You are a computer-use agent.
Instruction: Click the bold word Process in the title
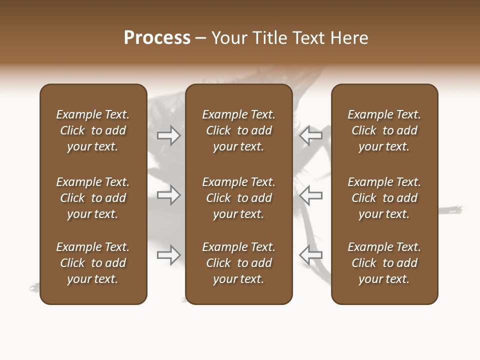click(x=157, y=38)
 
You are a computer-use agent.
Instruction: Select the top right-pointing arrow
click(x=169, y=135)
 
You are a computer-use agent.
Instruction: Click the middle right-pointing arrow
click(x=169, y=195)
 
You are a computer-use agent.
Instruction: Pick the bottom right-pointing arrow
click(x=169, y=255)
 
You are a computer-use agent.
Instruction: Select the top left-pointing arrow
click(x=311, y=135)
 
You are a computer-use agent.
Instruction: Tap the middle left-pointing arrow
click(x=311, y=195)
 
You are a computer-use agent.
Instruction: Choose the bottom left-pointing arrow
click(x=311, y=255)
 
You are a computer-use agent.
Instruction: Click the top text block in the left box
click(x=93, y=130)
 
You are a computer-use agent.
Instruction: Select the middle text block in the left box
click(x=93, y=198)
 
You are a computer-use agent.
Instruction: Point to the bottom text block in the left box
click(x=93, y=263)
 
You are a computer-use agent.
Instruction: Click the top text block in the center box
click(x=238, y=130)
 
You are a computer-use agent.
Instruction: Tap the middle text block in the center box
click(x=238, y=198)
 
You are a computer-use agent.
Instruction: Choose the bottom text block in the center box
click(x=238, y=263)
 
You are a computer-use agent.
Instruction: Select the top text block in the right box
click(x=384, y=130)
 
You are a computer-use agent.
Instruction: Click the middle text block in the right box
click(x=384, y=198)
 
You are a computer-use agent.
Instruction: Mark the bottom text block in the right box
click(x=384, y=263)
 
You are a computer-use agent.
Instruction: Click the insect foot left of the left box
click(x=34, y=287)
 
